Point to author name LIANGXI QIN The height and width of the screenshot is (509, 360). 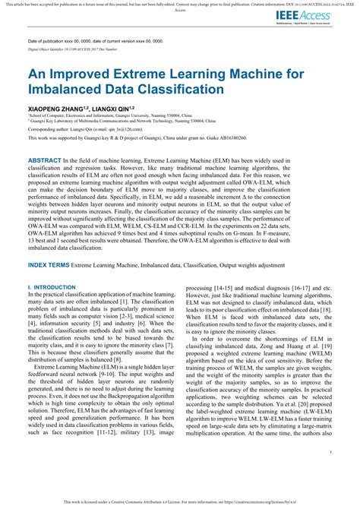click(116, 109)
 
